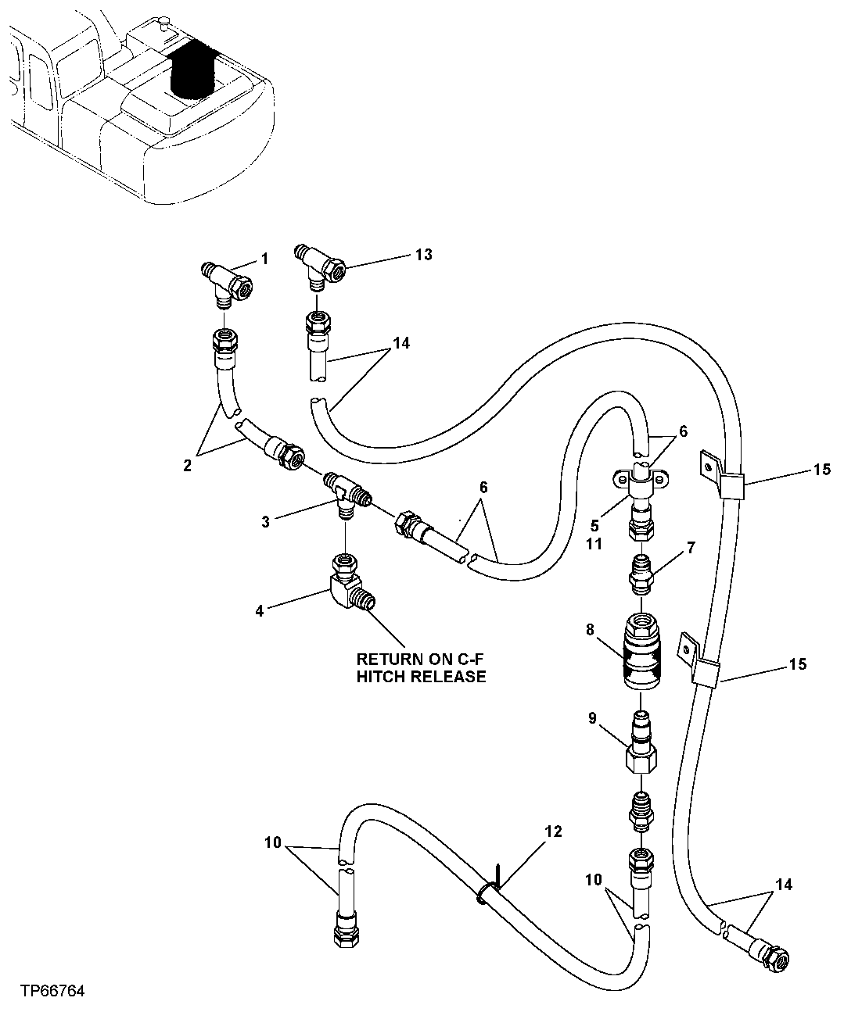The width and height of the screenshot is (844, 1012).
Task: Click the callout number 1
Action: pyautogui.click(x=264, y=259)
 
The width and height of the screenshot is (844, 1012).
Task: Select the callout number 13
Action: pyautogui.click(x=423, y=255)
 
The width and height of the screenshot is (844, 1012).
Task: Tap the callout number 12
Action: pyautogui.click(x=553, y=832)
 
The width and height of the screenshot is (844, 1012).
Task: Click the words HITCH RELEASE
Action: pyautogui.click(x=421, y=677)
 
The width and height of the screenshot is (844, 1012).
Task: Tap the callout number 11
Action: pyautogui.click(x=594, y=543)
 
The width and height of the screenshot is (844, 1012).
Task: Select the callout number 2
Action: pyautogui.click(x=188, y=467)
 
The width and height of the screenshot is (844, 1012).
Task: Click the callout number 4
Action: pyautogui.click(x=260, y=610)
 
